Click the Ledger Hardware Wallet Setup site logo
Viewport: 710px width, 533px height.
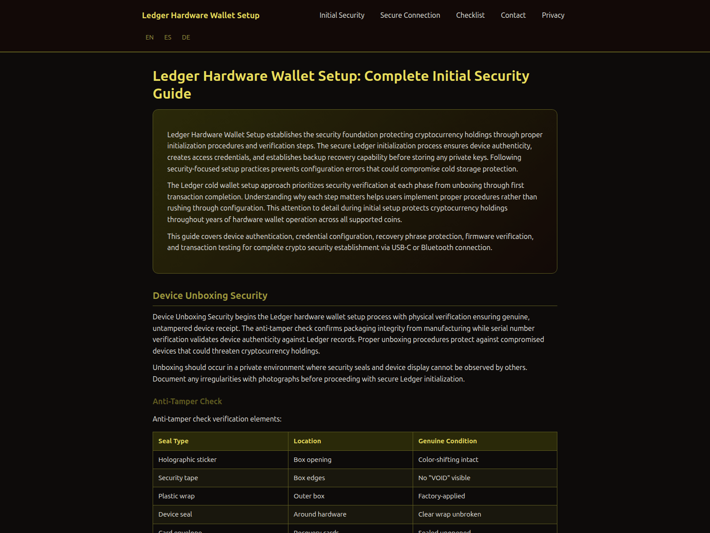201,16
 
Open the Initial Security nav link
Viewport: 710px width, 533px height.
342,16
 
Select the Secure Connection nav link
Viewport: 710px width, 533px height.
410,16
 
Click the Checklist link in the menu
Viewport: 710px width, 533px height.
470,16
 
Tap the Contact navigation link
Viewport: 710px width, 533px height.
513,16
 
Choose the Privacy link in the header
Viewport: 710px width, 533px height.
553,16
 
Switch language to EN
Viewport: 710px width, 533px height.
150,38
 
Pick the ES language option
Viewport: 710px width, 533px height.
168,38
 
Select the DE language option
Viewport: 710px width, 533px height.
186,38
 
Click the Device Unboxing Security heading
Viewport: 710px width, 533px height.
210,296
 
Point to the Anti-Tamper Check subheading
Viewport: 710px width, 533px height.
187,402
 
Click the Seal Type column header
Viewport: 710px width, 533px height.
174,441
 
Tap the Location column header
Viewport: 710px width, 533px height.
307,441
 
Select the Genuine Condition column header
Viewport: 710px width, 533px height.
447,441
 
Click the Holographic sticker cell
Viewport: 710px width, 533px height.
187,460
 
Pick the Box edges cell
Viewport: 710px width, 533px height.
309,478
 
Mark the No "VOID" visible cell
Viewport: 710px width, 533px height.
444,478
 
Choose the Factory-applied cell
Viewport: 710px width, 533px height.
442,496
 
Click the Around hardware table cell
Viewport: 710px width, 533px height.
320,514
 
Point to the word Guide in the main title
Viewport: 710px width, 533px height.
172,94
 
